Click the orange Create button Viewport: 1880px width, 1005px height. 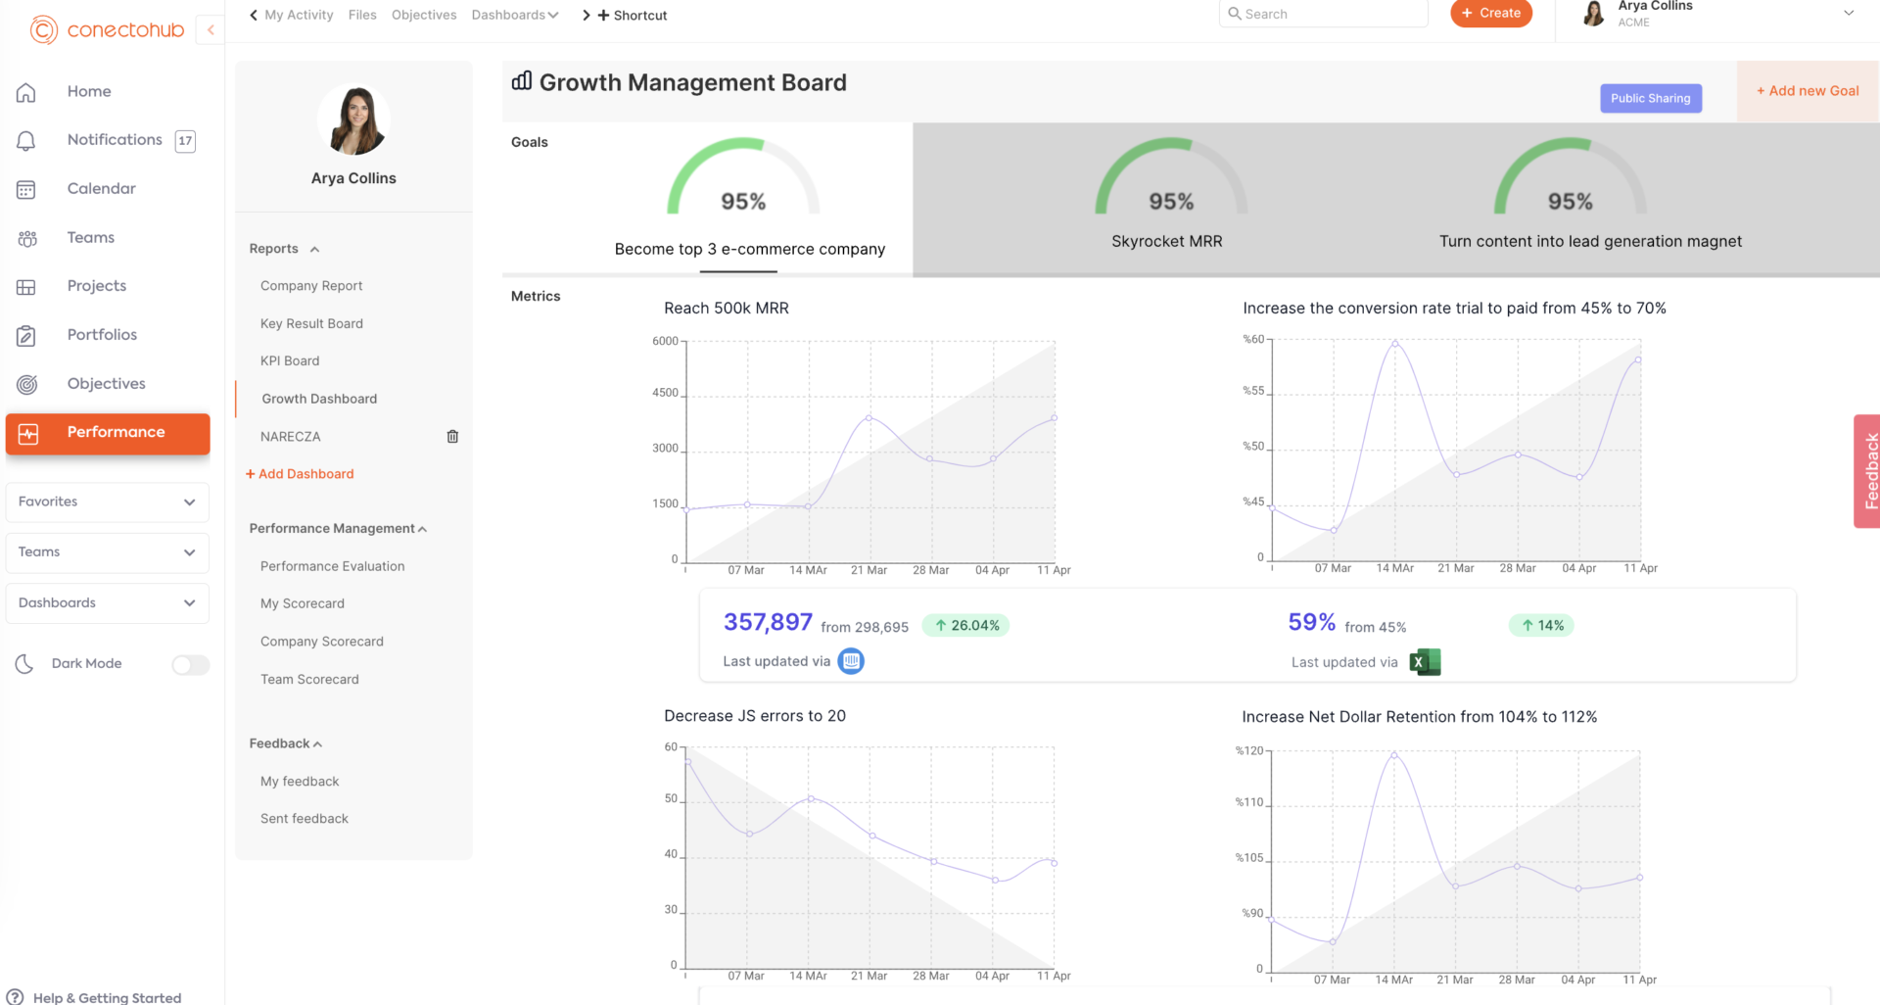click(1490, 14)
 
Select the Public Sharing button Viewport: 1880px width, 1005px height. click(1650, 98)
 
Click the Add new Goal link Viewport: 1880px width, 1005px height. click(1807, 91)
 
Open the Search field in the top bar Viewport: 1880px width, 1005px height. click(1322, 14)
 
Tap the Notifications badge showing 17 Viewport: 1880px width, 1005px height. click(185, 141)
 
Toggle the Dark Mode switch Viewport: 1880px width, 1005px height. click(190, 665)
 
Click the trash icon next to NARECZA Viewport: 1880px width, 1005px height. click(452, 437)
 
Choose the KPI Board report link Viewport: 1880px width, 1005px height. click(290, 361)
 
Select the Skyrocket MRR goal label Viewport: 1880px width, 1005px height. click(1166, 241)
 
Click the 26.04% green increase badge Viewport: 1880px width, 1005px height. click(965, 626)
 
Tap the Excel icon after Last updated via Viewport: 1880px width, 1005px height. click(1425, 662)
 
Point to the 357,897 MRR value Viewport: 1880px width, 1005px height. click(768, 623)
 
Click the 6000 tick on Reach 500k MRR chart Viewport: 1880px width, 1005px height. click(665, 342)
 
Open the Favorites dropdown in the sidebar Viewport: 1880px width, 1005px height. click(107, 502)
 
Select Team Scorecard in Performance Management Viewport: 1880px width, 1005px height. click(309, 680)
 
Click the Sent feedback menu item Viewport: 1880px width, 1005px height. click(305, 819)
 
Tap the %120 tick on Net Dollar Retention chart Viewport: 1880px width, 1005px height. click(1248, 751)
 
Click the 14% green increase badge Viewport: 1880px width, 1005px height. click(1541, 626)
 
